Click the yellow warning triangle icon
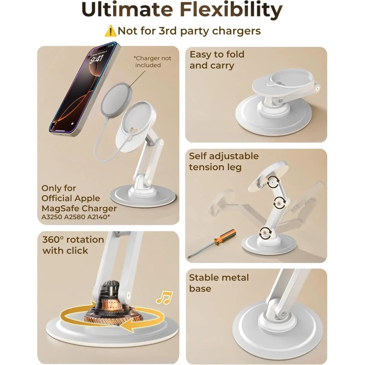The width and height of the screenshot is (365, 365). click(x=110, y=31)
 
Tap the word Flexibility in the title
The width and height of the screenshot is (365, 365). click(x=231, y=9)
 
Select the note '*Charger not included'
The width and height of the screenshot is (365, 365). click(x=152, y=62)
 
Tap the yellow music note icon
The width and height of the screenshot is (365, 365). click(x=165, y=297)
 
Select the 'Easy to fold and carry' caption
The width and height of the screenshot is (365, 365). click(x=217, y=60)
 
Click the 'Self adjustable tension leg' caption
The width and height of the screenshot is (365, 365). click(x=224, y=162)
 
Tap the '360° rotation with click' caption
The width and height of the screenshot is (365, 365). click(x=73, y=245)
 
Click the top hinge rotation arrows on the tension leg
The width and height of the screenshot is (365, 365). click(x=272, y=181)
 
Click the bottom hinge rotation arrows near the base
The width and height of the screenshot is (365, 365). click(x=265, y=232)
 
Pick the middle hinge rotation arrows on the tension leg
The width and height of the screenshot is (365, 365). click(x=279, y=203)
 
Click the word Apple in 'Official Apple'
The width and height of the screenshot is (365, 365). click(x=87, y=198)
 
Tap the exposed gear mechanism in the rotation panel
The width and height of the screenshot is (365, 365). click(x=111, y=305)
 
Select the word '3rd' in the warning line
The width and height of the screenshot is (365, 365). click(x=167, y=31)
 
